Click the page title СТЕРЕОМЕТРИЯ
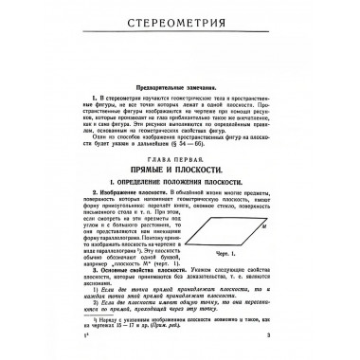pos(180,28)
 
